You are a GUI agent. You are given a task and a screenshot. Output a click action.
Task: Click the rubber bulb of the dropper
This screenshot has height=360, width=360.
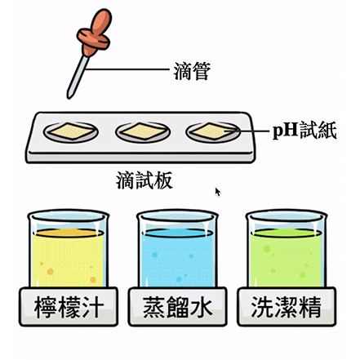tap(101, 21)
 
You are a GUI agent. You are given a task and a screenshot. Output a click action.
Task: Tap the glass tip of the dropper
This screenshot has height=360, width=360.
tap(69, 96)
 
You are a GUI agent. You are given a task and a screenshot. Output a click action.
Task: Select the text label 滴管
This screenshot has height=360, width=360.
tap(193, 71)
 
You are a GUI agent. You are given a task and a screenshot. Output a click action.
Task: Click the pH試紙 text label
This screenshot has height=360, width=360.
tap(304, 131)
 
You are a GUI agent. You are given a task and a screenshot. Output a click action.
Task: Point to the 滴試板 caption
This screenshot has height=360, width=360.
tap(144, 180)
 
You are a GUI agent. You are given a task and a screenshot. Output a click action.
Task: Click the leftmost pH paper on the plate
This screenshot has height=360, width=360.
tap(71, 131)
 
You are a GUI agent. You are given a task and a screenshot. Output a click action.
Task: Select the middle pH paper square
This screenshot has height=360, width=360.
tap(143, 131)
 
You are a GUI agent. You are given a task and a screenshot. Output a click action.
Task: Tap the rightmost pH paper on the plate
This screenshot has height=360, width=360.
tap(213, 131)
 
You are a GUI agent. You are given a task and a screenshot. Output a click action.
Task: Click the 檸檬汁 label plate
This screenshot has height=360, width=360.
tap(69, 307)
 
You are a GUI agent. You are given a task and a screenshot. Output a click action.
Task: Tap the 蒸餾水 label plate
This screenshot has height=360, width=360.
tap(177, 307)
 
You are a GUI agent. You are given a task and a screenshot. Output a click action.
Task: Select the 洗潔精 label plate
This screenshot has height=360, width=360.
tap(287, 307)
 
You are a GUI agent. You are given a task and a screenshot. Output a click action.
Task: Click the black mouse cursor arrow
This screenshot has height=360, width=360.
tap(218, 192)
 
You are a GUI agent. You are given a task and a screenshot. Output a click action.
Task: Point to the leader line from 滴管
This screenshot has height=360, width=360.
tap(127, 69)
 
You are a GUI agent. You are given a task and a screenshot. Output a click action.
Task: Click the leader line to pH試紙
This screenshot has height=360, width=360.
tap(247, 131)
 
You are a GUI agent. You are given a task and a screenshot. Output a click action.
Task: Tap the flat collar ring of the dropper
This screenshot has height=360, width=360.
tap(93, 39)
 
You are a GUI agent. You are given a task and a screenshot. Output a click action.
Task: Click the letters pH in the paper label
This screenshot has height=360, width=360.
tap(286, 131)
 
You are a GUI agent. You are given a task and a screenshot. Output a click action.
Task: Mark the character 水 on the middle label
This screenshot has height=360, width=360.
tap(202, 307)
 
